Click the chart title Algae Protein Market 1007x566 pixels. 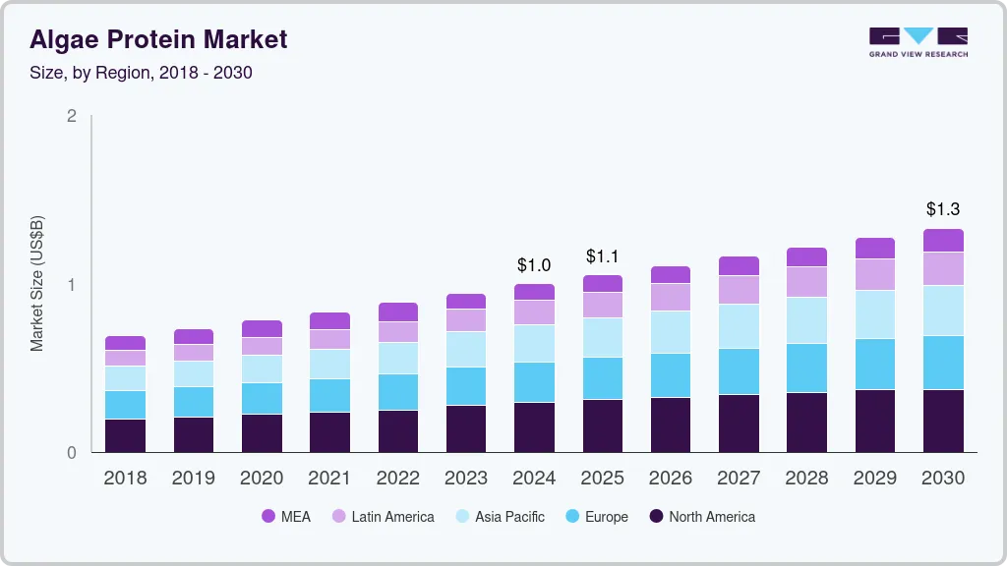[x=158, y=39]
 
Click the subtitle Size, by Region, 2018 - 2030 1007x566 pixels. [x=141, y=73]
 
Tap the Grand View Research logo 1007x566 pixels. [x=918, y=41]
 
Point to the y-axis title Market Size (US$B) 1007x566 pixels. [x=36, y=283]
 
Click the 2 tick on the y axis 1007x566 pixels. [x=72, y=116]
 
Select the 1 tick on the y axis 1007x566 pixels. [x=72, y=285]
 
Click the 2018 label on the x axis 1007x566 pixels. [x=125, y=479]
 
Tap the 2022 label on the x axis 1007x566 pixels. [x=397, y=479]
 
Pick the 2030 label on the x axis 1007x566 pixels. [x=942, y=479]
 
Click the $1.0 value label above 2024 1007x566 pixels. [x=534, y=265]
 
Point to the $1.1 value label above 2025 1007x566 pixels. [x=602, y=256]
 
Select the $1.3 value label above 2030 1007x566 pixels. [x=942, y=209]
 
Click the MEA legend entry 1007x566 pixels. [x=286, y=517]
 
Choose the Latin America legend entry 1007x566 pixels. [x=383, y=517]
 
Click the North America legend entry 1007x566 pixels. [x=702, y=517]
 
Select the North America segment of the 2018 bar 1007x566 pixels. [x=125, y=435]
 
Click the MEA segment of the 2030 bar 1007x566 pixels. [x=943, y=241]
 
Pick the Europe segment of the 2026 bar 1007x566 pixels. [x=671, y=375]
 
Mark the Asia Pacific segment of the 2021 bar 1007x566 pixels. [x=329, y=364]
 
